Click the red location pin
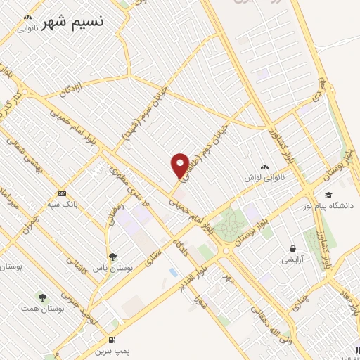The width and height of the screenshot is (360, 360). click(x=179, y=164)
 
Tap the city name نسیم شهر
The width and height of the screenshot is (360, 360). click(x=72, y=22)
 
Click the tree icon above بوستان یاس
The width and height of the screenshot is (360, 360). click(x=113, y=257)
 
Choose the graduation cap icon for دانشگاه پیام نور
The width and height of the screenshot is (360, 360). click(x=328, y=195)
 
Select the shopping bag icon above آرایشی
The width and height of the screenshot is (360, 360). click(x=292, y=248)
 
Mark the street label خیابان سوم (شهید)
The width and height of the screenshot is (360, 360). click(x=145, y=115)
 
